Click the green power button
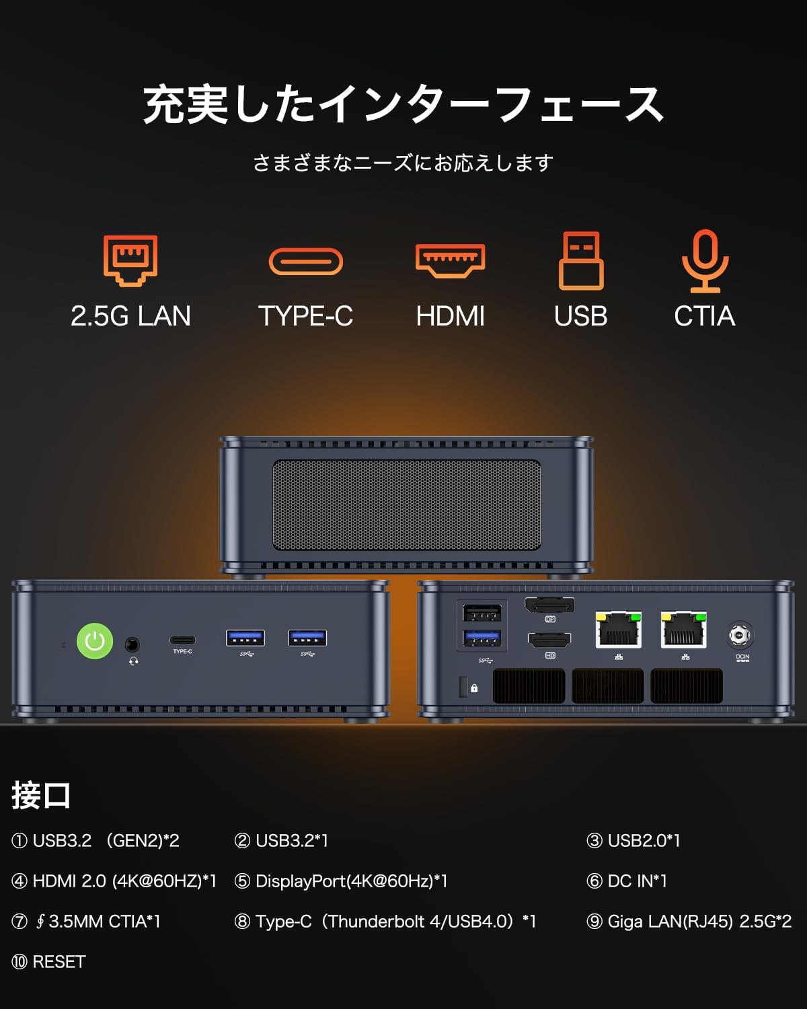click(x=95, y=640)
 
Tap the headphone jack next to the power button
click(x=132, y=644)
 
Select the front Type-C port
click(x=182, y=640)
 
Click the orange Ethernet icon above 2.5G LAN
click(x=130, y=260)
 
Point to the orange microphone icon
click(x=705, y=261)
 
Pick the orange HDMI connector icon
click(x=450, y=261)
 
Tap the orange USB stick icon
click(x=581, y=260)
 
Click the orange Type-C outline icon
click(x=306, y=261)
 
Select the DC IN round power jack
click(x=740, y=635)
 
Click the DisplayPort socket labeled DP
click(x=549, y=605)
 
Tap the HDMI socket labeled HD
click(x=549, y=640)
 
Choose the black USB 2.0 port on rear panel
click(x=482, y=612)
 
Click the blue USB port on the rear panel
click(x=482, y=638)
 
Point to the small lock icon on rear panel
click(x=474, y=688)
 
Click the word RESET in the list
click(x=59, y=962)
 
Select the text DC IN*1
click(x=638, y=881)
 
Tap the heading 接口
click(x=41, y=795)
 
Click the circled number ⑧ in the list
click(x=242, y=922)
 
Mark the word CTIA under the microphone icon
click(x=704, y=316)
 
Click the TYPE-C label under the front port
click(x=182, y=651)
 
